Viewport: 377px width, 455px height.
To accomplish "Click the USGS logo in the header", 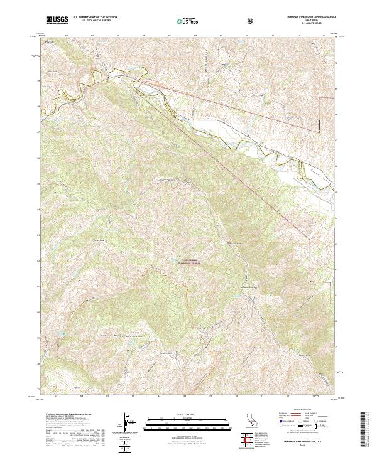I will click(x=57, y=21).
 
